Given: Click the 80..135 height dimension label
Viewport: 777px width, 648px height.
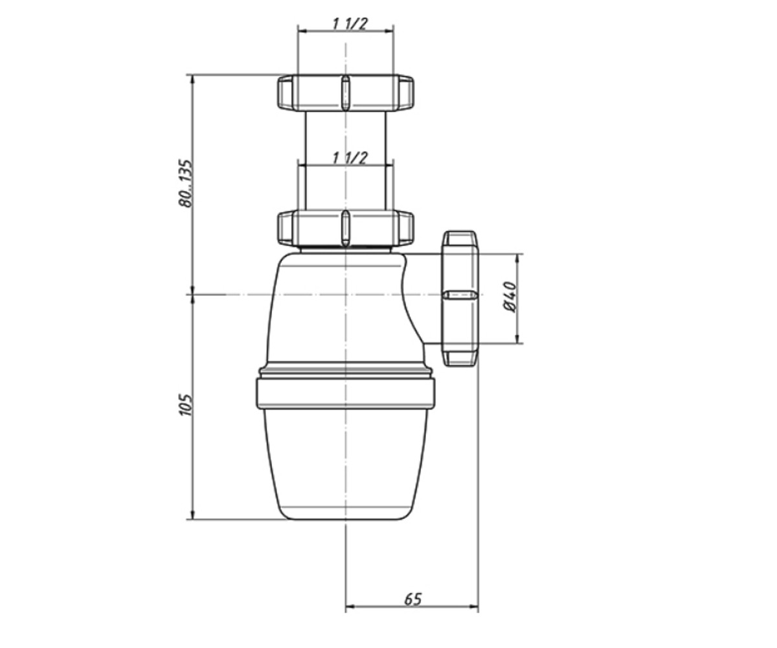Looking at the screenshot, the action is (x=185, y=183).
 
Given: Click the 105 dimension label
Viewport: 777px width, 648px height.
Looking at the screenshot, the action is (x=185, y=404).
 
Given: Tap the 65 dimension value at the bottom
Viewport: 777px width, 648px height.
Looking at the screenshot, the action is (x=412, y=610).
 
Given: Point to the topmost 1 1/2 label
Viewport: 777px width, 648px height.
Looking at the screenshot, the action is (x=350, y=24).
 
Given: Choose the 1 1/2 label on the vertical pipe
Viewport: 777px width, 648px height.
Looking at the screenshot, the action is (x=350, y=157).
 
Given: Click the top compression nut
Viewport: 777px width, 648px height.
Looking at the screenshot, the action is (x=345, y=93).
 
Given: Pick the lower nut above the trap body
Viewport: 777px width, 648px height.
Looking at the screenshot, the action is (x=345, y=228).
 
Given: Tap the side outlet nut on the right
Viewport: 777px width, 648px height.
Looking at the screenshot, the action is (x=459, y=298).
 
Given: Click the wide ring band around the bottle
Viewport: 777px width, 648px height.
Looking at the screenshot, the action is (x=345, y=393).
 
